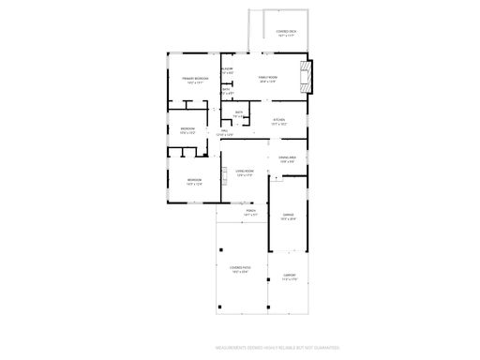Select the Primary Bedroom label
194,78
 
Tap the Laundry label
227,70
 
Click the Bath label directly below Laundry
227,91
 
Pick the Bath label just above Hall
239,113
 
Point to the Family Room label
268,78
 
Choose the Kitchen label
279,120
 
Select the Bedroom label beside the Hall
187,128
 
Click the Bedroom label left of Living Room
194,180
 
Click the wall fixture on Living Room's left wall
225,172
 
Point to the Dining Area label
288,157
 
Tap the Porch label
250,211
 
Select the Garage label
288,215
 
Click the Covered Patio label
238,269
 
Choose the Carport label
290,276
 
